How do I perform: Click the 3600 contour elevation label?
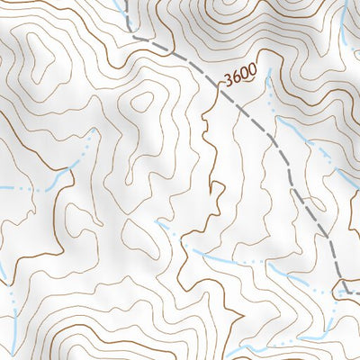(240, 77)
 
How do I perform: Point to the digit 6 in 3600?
(237, 78)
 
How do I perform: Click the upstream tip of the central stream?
(159, 220)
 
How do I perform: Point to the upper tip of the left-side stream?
(93, 130)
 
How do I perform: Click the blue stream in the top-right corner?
(346, 18)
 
